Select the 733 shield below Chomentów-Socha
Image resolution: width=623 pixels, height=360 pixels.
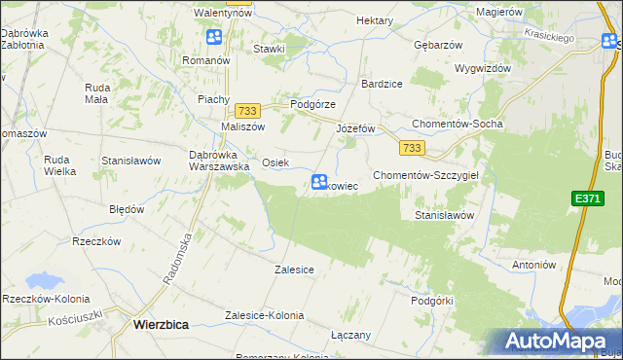[x=412, y=147]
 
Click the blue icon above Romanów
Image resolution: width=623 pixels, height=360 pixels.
[x=214, y=38]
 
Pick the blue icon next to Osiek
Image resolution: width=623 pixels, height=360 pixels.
[x=319, y=182]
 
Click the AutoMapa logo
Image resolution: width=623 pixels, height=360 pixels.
[x=554, y=341]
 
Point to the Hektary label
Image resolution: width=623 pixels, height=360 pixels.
[x=375, y=20]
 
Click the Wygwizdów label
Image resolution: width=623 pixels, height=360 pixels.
[x=483, y=69]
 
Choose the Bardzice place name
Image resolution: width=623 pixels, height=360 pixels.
[x=383, y=84]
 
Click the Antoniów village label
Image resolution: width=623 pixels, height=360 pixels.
[x=532, y=265]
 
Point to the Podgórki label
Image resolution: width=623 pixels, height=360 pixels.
[x=432, y=301]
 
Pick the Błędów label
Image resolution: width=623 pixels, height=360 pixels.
[x=127, y=209]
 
